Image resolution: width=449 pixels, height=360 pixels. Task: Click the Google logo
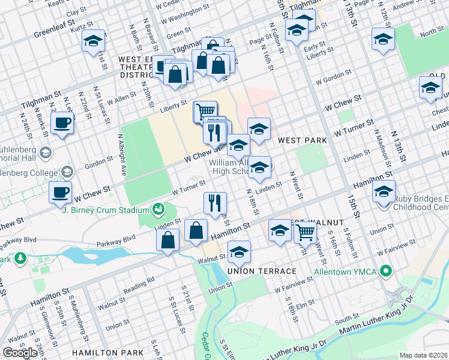point(20,353)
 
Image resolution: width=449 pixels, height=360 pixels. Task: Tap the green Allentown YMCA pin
point(385,272)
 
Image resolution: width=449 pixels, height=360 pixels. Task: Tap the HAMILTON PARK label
point(107,353)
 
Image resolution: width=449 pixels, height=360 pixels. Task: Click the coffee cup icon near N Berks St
point(62,124)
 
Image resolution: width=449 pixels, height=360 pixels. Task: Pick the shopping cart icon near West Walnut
point(306,231)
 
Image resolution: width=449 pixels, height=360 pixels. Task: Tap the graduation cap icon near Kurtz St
point(93,41)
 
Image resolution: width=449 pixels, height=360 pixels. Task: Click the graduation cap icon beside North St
point(382,40)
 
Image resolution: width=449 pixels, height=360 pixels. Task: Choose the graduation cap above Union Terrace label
point(239,252)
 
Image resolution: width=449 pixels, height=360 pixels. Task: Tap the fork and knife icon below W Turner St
point(214,203)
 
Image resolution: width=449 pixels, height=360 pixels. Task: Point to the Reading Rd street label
point(142,280)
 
